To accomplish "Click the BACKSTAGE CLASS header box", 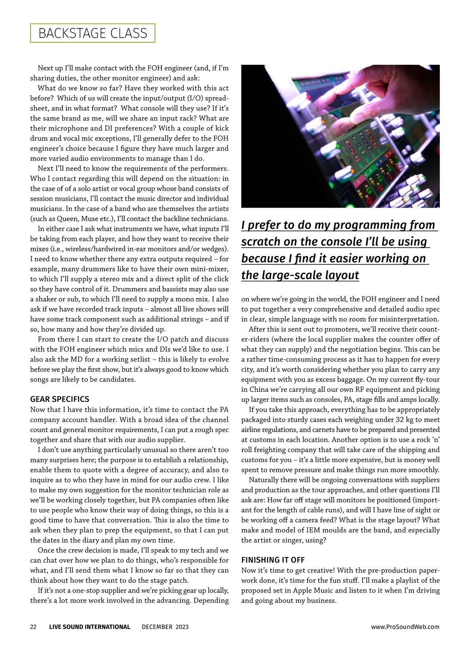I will (x=93, y=33).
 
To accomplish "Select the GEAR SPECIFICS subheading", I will (x=60, y=399).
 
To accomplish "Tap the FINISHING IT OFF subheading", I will (x=273, y=560).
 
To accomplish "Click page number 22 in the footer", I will (x=33, y=627).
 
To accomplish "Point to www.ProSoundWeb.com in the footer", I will (x=405, y=627).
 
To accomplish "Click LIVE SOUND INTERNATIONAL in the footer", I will (x=89, y=627).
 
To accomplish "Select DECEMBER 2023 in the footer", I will (x=165, y=627).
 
